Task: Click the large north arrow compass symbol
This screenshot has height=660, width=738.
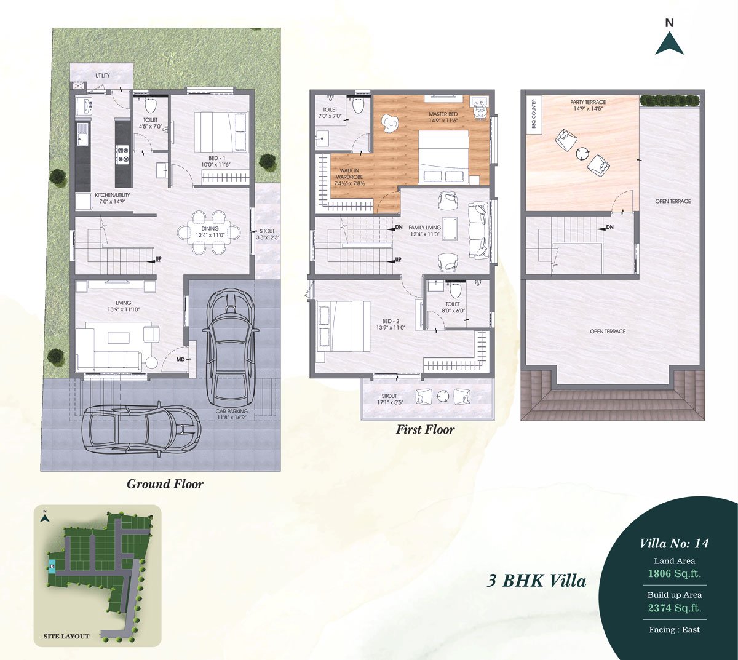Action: (670, 43)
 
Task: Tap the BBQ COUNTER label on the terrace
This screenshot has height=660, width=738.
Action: (534, 113)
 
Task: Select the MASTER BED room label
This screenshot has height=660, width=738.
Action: (443, 114)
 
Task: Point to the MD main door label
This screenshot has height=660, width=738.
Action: (181, 359)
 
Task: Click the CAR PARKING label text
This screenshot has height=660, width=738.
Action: (232, 411)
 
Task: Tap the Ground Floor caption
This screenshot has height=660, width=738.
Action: (165, 484)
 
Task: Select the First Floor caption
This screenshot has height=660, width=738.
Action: (425, 429)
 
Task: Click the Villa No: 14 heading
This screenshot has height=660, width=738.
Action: (674, 543)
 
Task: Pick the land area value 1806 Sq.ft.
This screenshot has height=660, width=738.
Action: (674, 573)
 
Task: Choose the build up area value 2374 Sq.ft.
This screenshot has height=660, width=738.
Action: (675, 608)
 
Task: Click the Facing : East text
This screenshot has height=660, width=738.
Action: (675, 629)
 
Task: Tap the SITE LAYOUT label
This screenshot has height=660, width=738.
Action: (66, 636)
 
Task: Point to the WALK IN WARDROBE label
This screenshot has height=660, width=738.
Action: (349, 173)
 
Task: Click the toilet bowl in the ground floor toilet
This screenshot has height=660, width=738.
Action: (150, 106)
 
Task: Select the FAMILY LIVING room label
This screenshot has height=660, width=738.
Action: (424, 228)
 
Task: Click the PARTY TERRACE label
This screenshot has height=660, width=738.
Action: (588, 102)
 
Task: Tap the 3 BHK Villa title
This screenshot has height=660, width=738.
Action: (536, 581)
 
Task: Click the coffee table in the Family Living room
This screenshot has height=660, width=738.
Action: (450, 228)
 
